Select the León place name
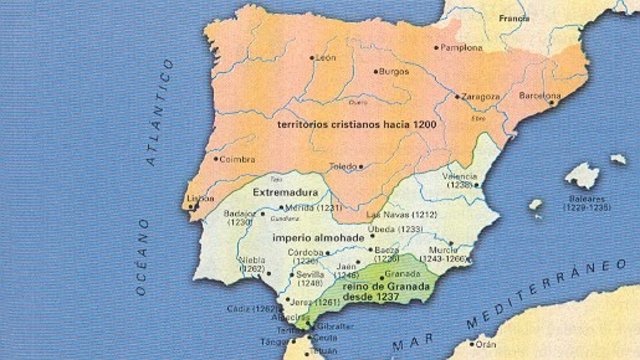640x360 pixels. (326, 58)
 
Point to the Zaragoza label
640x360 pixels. (479, 97)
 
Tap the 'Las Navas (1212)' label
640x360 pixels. (399, 215)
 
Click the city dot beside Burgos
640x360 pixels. (376, 72)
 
